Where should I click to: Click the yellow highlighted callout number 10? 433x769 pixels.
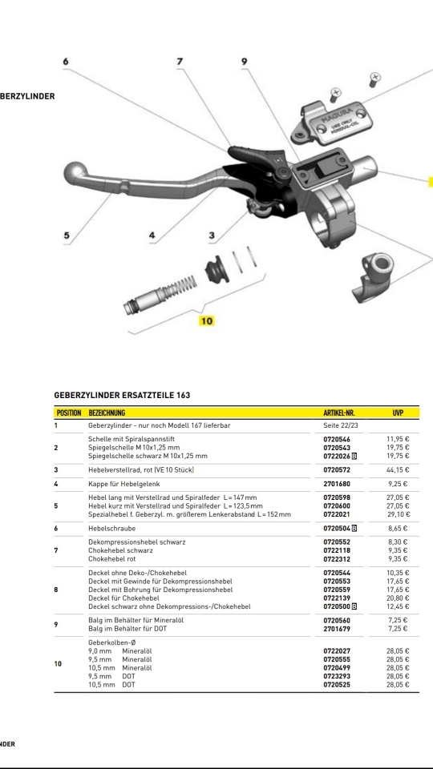tap(207, 320)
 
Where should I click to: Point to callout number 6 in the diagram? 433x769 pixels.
tap(65, 62)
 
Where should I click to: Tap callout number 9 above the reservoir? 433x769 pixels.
tap(244, 62)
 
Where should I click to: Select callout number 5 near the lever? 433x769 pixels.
tap(67, 235)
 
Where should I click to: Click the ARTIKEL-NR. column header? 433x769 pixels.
tap(338, 413)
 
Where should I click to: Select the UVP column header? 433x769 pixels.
tap(398, 413)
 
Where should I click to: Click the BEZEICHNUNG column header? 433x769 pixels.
tap(107, 413)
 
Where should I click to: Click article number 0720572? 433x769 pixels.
tap(337, 470)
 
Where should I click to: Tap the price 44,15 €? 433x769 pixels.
tap(399, 470)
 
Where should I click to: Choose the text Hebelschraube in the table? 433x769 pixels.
tap(112, 528)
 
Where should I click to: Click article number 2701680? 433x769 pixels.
tap(337, 484)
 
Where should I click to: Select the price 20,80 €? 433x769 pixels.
tap(399, 598)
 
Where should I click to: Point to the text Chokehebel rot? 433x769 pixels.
tap(112, 558)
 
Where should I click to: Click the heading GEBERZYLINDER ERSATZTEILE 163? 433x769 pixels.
tap(122, 395)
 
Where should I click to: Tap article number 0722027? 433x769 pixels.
tap(337, 650)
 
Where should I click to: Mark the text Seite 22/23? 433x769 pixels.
tap(340, 425)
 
